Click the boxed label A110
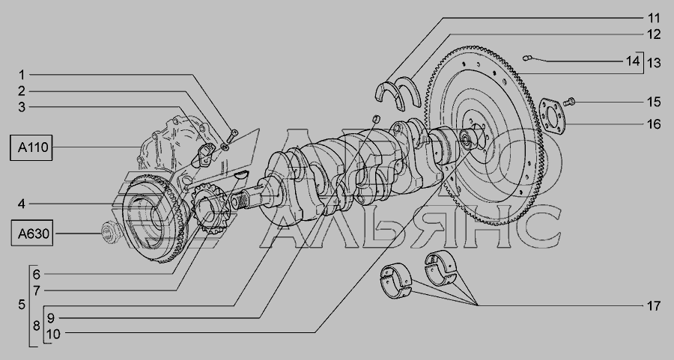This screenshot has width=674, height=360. [x=31, y=147]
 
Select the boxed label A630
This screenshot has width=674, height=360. [x=31, y=234]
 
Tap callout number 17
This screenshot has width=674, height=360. [x=653, y=306]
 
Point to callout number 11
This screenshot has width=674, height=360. [x=653, y=18]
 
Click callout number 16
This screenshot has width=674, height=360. [x=653, y=124]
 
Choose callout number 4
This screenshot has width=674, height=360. [x=22, y=204]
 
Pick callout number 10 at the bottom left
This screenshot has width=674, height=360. [x=53, y=334]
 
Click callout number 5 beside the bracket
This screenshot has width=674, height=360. [x=22, y=305]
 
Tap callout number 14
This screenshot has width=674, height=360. [x=632, y=61]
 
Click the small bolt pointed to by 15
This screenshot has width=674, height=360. [x=568, y=102]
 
